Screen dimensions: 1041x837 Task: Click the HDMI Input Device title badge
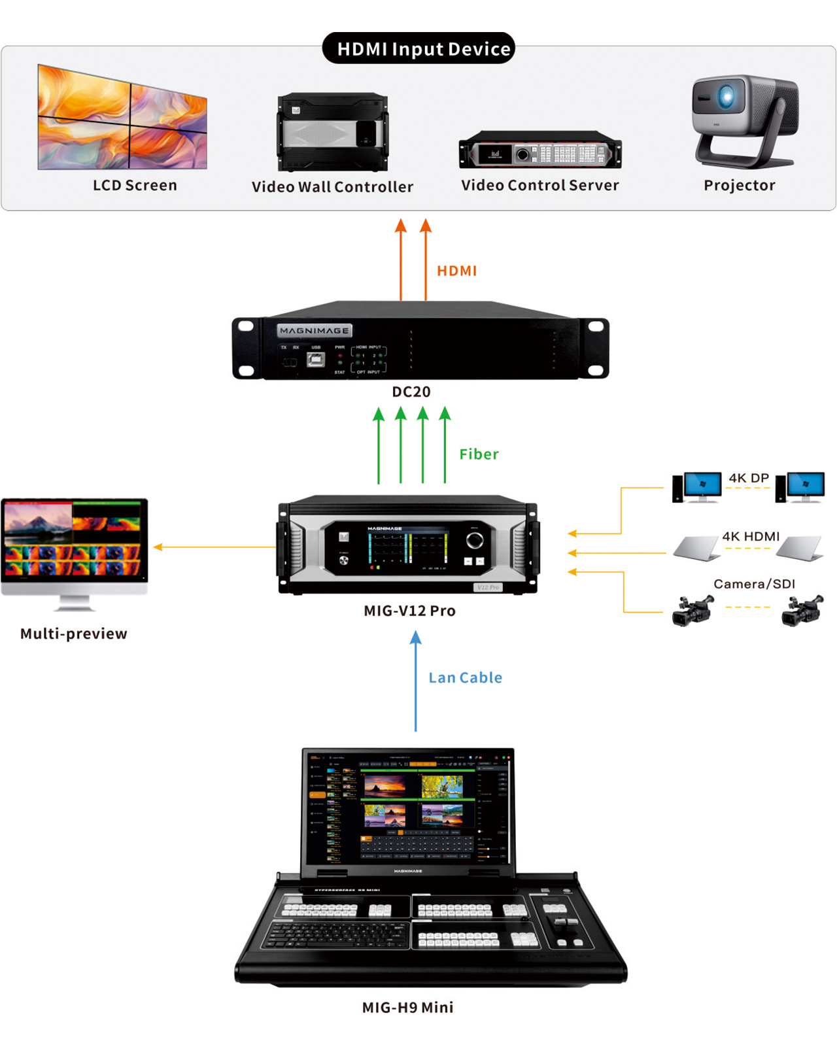[419, 48]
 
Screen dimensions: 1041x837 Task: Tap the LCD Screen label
[135, 185]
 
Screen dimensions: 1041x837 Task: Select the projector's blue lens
[726, 97]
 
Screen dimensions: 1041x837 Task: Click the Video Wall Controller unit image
[333, 132]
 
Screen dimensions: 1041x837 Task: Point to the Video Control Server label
[539, 185]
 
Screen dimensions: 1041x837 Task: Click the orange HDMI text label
[456, 271]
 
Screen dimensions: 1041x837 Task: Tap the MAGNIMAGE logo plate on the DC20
[314, 330]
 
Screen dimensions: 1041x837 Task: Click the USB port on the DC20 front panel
[316, 359]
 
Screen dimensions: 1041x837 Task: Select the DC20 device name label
[411, 392]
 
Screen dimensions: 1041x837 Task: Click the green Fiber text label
[479, 454]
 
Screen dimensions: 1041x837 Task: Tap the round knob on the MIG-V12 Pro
[475, 540]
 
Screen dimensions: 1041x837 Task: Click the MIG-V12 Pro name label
[409, 611]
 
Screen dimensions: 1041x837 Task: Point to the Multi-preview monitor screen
[74, 540]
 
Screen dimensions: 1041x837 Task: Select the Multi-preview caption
[74, 634]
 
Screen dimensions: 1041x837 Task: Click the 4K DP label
[749, 478]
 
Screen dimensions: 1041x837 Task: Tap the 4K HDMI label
[751, 536]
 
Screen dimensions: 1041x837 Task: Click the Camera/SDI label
[754, 584]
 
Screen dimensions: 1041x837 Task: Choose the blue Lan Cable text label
[465, 677]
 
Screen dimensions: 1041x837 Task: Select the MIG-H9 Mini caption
[407, 1007]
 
